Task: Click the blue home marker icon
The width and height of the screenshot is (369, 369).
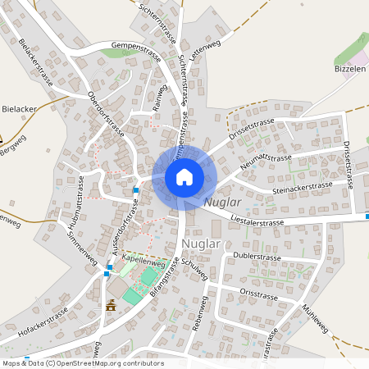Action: point(184,177)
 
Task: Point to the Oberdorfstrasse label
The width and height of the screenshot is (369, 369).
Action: point(107,113)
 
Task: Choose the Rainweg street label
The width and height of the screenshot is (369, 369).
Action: point(161,102)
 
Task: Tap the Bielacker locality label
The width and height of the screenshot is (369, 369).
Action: point(18,107)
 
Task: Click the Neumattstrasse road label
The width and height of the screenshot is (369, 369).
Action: point(266,162)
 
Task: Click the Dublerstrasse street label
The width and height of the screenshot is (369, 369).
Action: point(257,256)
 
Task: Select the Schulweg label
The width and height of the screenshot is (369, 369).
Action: point(194,269)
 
